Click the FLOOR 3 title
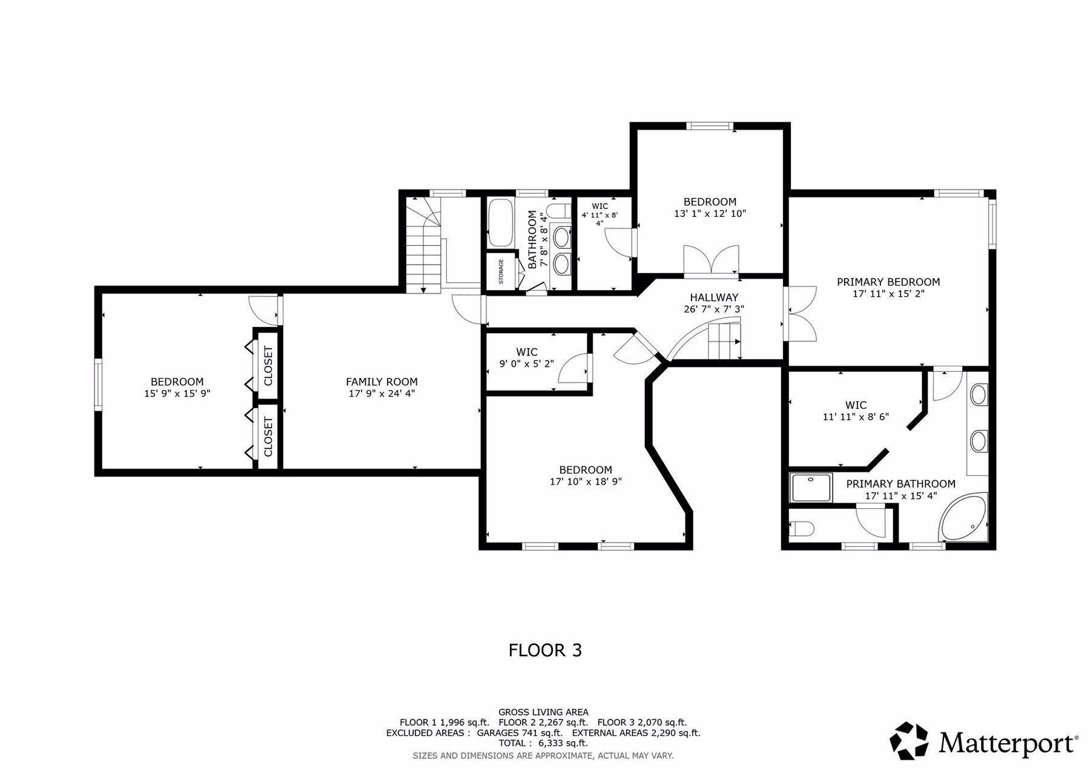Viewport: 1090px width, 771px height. tap(545, 650)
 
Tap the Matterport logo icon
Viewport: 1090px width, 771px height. tap(908, 740)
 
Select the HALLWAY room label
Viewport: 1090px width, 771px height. tap(714, 297)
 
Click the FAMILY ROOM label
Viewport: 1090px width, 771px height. tap(381, 382)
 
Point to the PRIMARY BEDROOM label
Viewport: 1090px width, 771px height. tap(888, 282)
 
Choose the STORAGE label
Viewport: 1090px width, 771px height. tap(501, 272)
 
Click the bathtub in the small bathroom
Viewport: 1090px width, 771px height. tap(501, 222)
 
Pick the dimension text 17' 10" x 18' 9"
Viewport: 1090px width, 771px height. tap(586, 481)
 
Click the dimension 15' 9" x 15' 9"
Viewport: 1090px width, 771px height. tap(177, 393)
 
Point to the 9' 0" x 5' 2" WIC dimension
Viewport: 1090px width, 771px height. tap(526, 363)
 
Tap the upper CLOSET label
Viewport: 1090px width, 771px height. tap(268, 366)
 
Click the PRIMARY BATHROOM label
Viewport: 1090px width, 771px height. tap(900, 484)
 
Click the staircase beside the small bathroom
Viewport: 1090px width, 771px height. tap(424, 245)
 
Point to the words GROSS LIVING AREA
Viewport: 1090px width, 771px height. tap(543, 712)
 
